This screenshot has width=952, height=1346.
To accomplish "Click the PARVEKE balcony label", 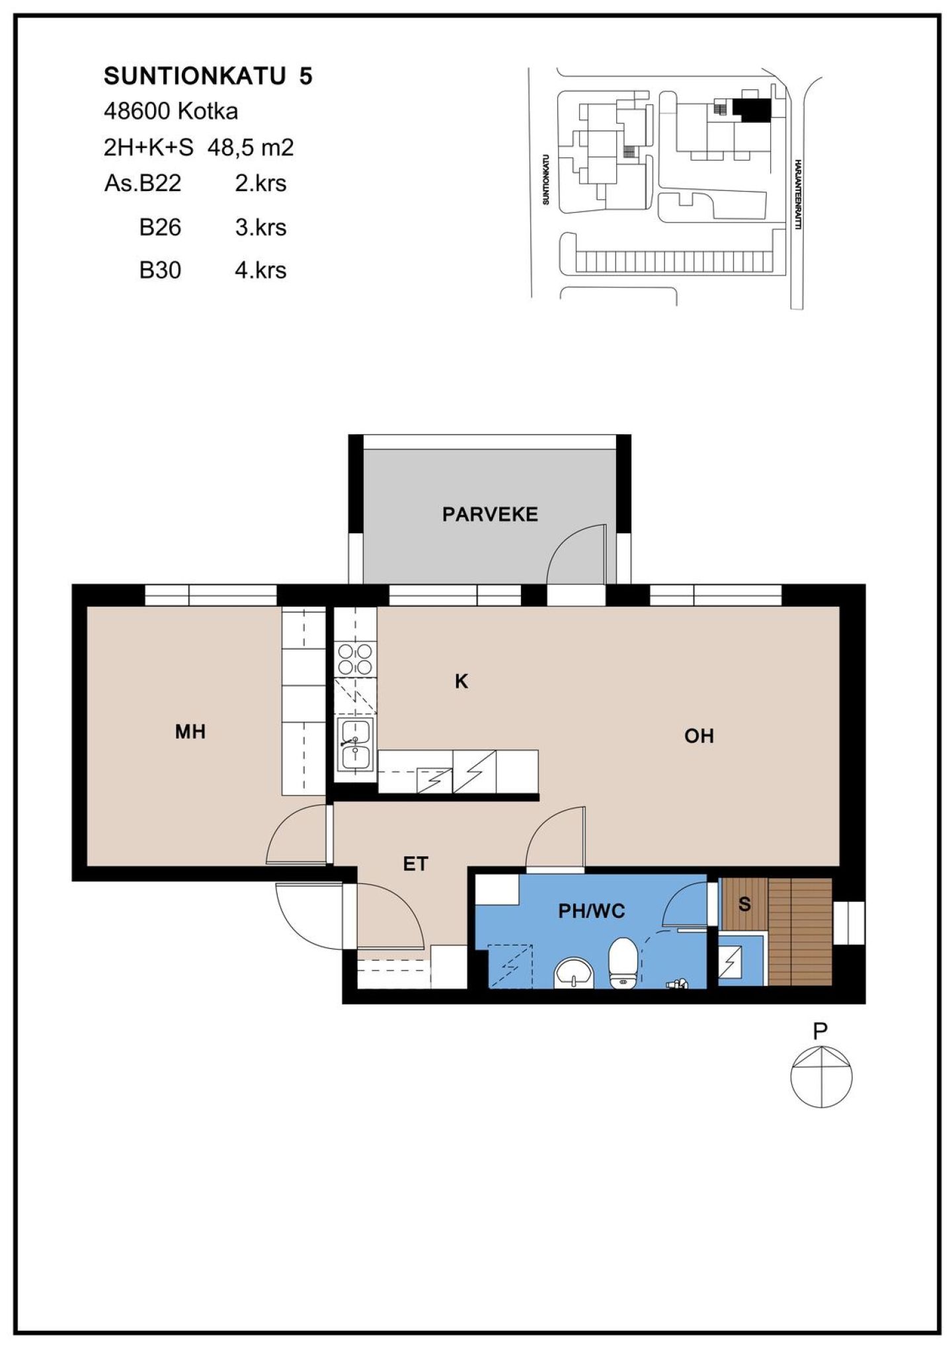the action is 490,514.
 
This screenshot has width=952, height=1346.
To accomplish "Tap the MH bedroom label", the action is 190,731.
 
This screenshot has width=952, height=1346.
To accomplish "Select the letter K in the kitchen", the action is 461,681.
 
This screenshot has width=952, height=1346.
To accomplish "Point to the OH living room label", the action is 699,736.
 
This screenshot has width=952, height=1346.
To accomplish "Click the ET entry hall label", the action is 416,864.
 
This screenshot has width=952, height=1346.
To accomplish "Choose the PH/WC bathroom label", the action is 592,911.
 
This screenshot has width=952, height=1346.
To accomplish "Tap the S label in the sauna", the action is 744,904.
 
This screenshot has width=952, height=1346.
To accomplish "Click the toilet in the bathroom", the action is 622,963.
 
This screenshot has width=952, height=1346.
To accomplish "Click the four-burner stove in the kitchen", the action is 355,659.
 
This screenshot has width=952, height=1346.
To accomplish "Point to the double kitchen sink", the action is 356,744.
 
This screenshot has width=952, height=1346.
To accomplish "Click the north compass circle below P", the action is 821,1076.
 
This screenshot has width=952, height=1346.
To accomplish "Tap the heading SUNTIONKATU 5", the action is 208,77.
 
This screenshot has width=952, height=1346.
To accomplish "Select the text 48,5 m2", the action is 251,147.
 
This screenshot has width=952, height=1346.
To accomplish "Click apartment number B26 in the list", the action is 160,227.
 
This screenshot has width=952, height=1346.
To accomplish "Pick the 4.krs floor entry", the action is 260,270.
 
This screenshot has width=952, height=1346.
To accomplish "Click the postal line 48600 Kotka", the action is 171,111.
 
